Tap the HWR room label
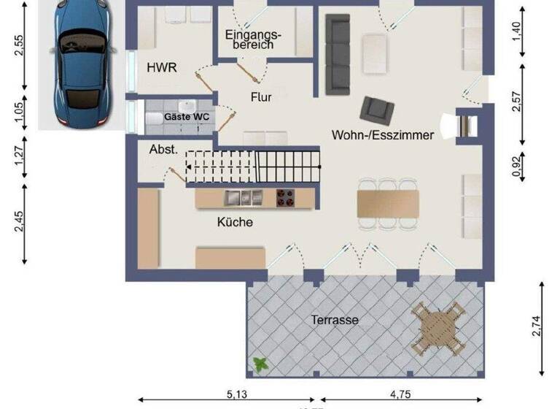(162, 67)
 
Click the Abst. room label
(163, 149)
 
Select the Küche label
(235, 221)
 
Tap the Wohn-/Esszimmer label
(383, 134)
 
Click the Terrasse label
(335, 320)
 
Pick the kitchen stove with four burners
(285, 197)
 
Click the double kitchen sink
(244, 197)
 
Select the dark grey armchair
(378, 110)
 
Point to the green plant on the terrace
(259, 363)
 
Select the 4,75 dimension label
(399, 394)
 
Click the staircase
(252, 167)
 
